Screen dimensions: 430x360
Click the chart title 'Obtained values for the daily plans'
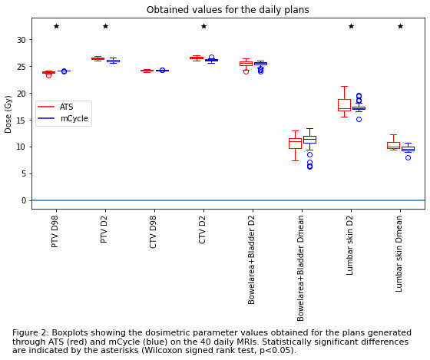(227, 10)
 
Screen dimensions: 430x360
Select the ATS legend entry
(55, 107)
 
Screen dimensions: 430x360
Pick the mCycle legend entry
(63, 118)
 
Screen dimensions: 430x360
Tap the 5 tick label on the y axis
(24, 173)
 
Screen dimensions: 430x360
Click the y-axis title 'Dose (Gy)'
(8, 114)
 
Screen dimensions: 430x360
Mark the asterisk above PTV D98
(56, 26)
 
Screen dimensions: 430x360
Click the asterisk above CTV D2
(203, 26)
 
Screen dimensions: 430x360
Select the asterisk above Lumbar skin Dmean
(400, 26)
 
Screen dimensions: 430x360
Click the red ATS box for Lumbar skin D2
(344, 105)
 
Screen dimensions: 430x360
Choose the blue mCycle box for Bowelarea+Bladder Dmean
(309, 140)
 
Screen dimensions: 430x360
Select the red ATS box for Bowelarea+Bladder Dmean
(295, 144)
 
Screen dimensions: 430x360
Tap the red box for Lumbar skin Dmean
(393, 145)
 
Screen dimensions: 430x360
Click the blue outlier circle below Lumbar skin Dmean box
(408, 157)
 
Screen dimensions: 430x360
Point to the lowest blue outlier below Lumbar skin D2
(359, 119)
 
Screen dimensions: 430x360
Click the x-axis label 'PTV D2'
(104, 230)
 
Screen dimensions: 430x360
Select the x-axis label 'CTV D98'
(153, 232)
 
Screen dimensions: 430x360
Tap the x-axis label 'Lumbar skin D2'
(349, 245)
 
